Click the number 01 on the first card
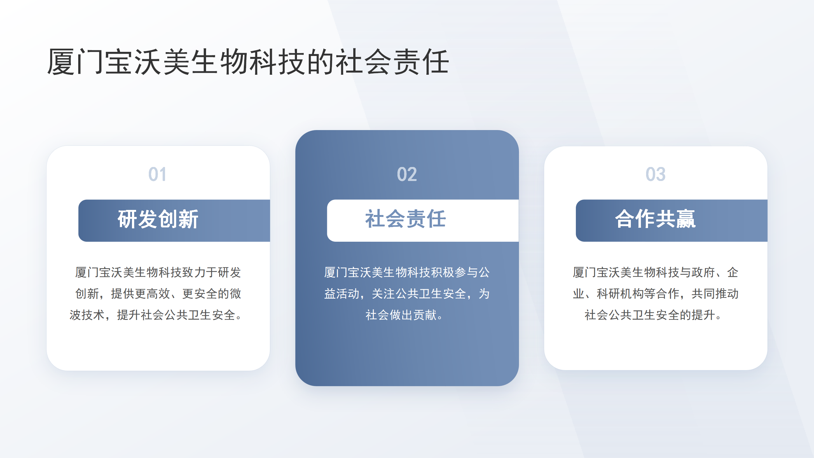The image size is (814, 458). coord(157,174)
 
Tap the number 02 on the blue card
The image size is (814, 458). coord(407,174)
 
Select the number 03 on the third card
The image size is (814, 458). coord(655,174)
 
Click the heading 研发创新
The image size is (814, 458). coord(158,219)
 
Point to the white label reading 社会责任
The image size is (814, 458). coord(405,219)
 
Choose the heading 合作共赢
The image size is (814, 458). coord(655,219)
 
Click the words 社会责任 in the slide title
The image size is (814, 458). coord(392,62)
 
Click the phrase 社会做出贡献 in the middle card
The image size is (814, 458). coord(401,315)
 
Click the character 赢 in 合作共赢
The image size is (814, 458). coord(686,219)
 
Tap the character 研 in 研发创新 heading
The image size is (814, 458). coord(128,219)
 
